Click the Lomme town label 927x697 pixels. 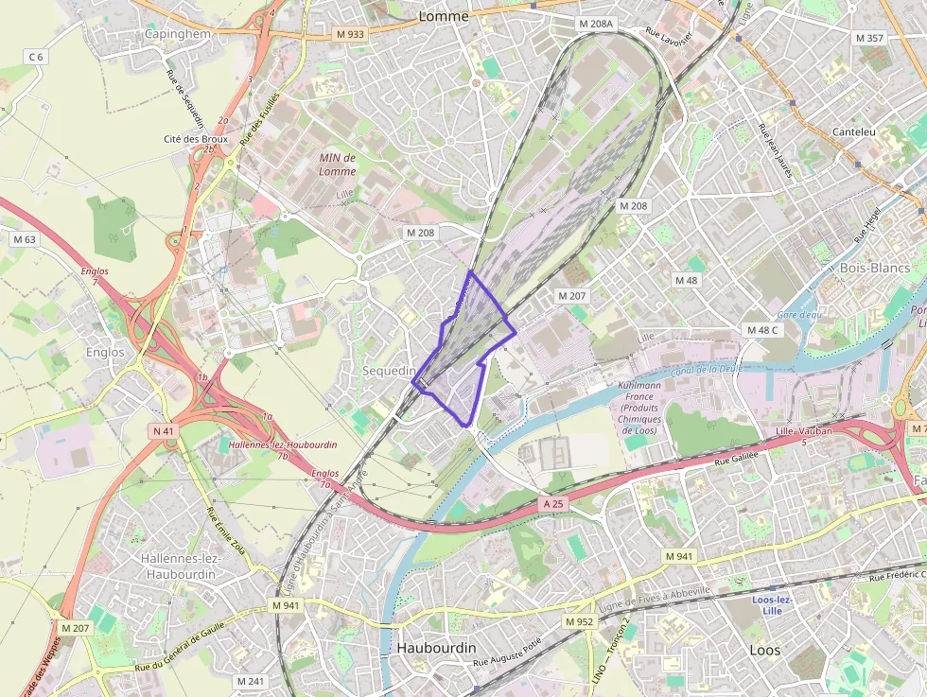[x=443, y=15]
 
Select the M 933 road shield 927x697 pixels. [x=349, y=34]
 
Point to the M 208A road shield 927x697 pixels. [x=595, y=23]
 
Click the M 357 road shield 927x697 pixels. [x=868, y=38]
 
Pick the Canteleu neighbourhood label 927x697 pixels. [x=856, y=132]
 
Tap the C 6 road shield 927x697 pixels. [x=36, y=57]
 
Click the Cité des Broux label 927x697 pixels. [x=196, y=138]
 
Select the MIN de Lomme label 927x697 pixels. [x=338, y=165]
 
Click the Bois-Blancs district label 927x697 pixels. [x=875, y=268]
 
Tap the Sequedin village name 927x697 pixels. [x=390, y=371]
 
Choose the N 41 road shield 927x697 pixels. [x=163, y=431]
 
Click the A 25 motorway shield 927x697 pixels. [x=552, y=504]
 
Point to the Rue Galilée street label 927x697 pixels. [x=738, y=460]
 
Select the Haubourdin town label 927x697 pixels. [x=436, y=648]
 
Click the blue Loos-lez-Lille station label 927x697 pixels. [x=773, y=605]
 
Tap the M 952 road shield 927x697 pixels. [x=580, y=621]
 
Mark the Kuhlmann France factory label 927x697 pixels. [x=640, y=408]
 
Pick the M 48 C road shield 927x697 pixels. [x=761, y=330]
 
